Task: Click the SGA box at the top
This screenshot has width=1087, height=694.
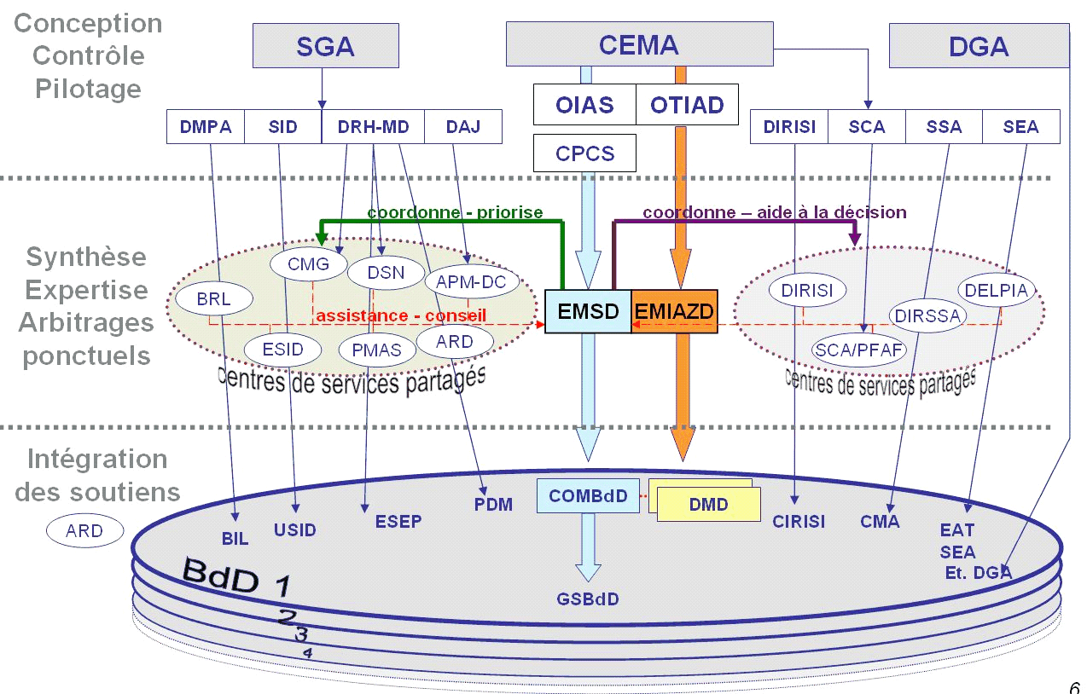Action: coord(325,46)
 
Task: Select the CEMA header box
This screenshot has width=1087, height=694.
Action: coord(638,44)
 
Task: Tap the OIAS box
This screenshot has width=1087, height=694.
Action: coord(584,105)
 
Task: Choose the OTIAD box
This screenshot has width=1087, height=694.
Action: coord(687,105)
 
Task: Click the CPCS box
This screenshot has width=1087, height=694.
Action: coord(584,153)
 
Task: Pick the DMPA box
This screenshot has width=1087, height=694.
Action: coord(206,127)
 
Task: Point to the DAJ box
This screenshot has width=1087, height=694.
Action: coord(463,127)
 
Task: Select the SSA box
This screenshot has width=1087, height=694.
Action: coord(944,127)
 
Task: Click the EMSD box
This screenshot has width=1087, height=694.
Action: coord(588,311)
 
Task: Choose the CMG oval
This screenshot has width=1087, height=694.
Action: coord(308,264)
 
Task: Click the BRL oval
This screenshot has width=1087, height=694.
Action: coord(213,299)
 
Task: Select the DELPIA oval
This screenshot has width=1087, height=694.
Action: coord(997,290)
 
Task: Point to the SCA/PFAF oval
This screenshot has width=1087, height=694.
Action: coord(859,349)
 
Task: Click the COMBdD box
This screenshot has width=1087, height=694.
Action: coord(588,495)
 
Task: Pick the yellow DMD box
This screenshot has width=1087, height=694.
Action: coord(709,504)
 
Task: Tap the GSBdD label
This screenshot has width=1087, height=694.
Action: coord(588,599)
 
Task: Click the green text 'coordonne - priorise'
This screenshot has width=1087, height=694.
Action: coord(455,212)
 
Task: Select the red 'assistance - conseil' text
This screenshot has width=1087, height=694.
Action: coord(401,315)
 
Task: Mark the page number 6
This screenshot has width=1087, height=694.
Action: coord(1074,687)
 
